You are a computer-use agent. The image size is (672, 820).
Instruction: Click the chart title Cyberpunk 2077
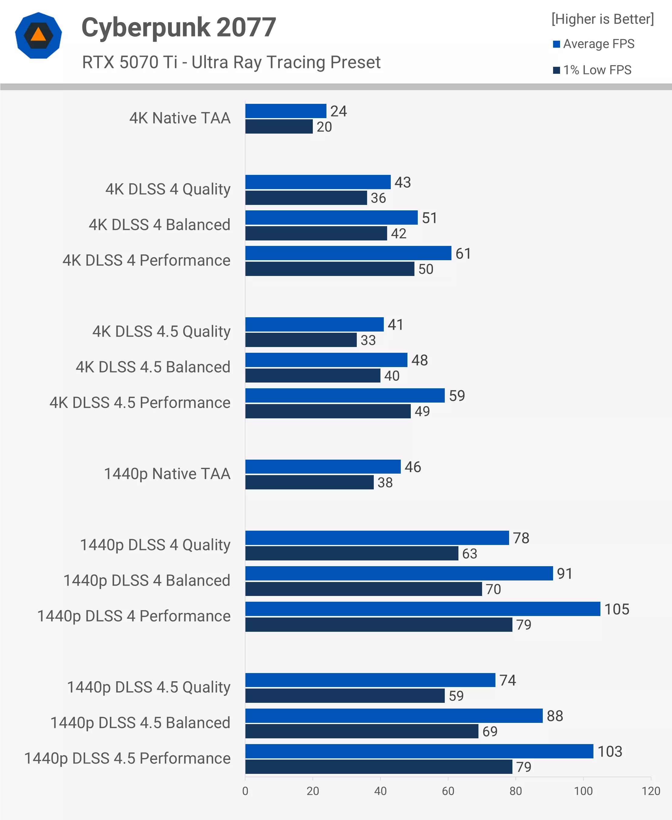click(178, 28)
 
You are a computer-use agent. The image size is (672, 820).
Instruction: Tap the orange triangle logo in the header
click(38, 35)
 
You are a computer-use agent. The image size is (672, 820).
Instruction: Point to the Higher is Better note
click(602, 19)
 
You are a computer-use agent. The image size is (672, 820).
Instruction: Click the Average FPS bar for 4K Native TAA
click(286, 111)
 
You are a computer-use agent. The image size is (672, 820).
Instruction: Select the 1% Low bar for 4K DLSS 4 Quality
click(306, 198)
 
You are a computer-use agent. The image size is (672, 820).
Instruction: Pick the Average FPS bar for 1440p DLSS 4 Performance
click(422, 609)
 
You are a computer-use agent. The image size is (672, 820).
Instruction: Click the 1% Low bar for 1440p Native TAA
click(309, 482)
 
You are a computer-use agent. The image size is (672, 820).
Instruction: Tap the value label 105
click(617, 609)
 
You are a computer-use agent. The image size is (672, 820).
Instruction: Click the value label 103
click(610, 751)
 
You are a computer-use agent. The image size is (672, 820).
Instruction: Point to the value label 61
click(463, 254)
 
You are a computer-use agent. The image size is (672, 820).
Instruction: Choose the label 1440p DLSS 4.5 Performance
click(127, 758)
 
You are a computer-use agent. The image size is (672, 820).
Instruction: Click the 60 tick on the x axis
click(448, 791)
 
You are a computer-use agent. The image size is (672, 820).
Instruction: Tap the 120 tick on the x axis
click(651, 791)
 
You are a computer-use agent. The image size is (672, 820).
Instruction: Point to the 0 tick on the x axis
click(245, 791)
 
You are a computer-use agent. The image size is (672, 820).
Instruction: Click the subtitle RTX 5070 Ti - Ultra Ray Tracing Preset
click(231, 62)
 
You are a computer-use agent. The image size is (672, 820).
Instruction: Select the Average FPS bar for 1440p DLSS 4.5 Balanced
click(394, 716)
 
